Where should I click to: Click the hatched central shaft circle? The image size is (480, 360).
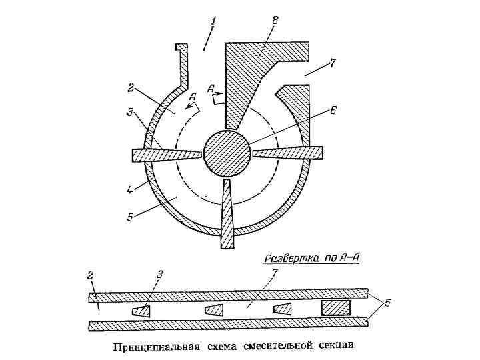[x=227, y=154]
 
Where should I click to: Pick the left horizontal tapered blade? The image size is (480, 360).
[x=167, y=155]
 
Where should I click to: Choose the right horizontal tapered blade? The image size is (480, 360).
[x=288, y=153]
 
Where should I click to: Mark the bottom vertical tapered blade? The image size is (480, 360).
[x=227, y=213]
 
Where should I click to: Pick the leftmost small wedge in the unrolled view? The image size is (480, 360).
[x=141, y=311]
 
